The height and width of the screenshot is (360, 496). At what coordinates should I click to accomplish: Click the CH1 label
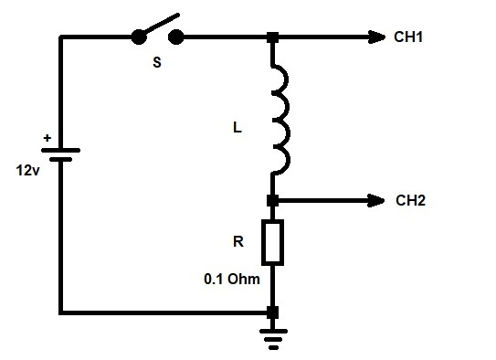coord(408,37)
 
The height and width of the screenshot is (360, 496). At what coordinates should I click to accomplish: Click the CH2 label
coord(410,200)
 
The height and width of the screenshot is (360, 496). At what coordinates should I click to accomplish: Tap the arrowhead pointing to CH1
coord(376,37)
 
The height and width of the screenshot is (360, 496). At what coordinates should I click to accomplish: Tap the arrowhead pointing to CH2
coord(375,201)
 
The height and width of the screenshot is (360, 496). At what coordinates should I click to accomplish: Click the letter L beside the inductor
coord(237,128)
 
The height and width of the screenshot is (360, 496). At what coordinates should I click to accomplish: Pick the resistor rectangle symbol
coord(273,242)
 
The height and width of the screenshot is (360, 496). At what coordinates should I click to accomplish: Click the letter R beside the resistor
coord(238,242)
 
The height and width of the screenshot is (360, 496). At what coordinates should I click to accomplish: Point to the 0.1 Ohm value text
coord(232,279)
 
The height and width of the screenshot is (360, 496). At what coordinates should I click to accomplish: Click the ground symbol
coord(273,339)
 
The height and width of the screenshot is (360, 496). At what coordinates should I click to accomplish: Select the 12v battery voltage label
coord(27,171)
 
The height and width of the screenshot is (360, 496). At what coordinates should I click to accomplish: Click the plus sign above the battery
coord(47,138)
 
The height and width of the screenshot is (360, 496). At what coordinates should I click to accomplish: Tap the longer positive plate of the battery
coord(60,150)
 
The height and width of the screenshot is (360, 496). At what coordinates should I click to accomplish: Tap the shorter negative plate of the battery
coord(60,159)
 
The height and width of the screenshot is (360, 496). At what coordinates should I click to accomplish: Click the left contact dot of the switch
coord(139,37)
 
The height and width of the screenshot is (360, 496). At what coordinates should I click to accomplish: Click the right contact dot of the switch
coord(176,37)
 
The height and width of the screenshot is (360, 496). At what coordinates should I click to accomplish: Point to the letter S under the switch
coord(157,62)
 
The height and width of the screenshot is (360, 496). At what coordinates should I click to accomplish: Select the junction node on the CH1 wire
coord(273,37)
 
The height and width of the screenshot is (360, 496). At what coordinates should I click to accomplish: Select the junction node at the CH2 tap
coord(273,201)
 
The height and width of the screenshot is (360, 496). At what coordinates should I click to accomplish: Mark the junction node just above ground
coord(273,312)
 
